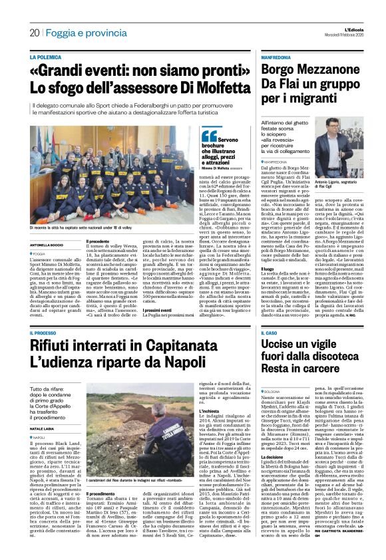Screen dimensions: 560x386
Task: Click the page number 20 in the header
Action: (x=34, y=33)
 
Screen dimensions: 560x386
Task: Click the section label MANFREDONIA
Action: (x=276, y=58)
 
